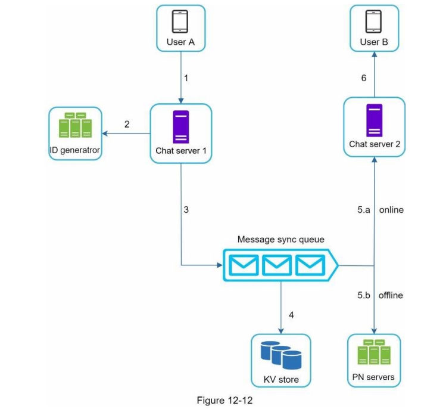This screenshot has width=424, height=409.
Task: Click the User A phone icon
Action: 180,21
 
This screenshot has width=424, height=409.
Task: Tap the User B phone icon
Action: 373,21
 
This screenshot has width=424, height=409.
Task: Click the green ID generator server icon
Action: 78,125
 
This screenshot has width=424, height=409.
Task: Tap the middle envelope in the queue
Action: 276,264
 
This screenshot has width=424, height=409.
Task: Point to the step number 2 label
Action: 126,124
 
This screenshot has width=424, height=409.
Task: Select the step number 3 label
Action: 186,210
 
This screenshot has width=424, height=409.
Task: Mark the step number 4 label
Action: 291,314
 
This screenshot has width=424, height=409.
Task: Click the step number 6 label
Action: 364,78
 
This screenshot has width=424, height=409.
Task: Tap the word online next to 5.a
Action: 391,210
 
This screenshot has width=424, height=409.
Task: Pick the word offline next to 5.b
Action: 391,295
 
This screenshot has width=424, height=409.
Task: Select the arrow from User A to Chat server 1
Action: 180,78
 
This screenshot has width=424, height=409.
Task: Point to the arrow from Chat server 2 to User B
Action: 374,75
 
